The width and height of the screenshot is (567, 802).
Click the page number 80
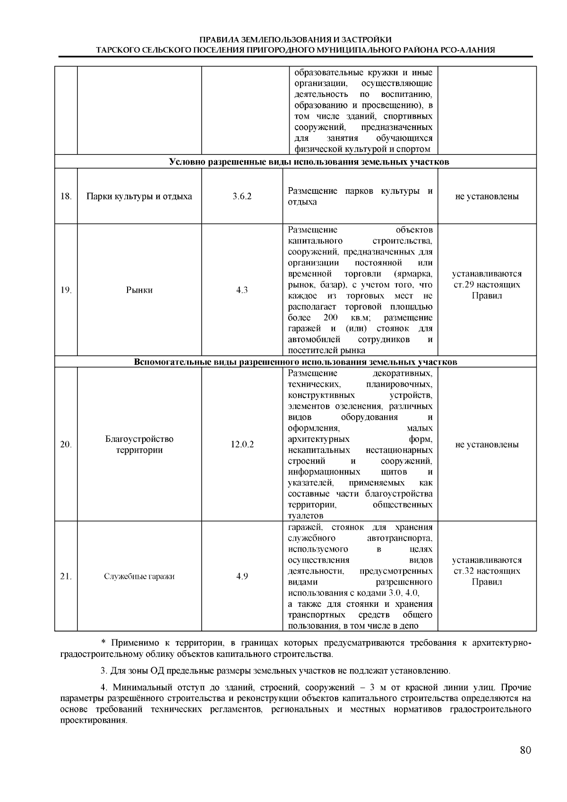tap(525, 750)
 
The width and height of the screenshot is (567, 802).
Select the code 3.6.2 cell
tap(242, 196)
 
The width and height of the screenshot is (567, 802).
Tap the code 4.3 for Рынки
tap(242, 290)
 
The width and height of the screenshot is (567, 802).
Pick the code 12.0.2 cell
tap(242, 445)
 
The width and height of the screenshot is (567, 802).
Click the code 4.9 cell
tap(242, 576)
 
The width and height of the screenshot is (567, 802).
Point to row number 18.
tap(66, 196)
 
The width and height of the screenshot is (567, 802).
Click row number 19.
tap(66, 290)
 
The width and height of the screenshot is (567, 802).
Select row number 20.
tap(66, 445)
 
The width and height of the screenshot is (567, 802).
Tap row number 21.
tap(66, 576)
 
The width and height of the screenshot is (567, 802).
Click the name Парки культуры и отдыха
tap(139, 196)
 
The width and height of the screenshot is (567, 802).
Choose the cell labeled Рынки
tap(139, 290)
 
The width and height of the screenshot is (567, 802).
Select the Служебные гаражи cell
tap(139, 577)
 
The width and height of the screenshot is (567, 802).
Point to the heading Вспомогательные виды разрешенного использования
tap(295, 362)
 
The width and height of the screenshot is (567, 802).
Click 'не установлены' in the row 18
tap(487, 196)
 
